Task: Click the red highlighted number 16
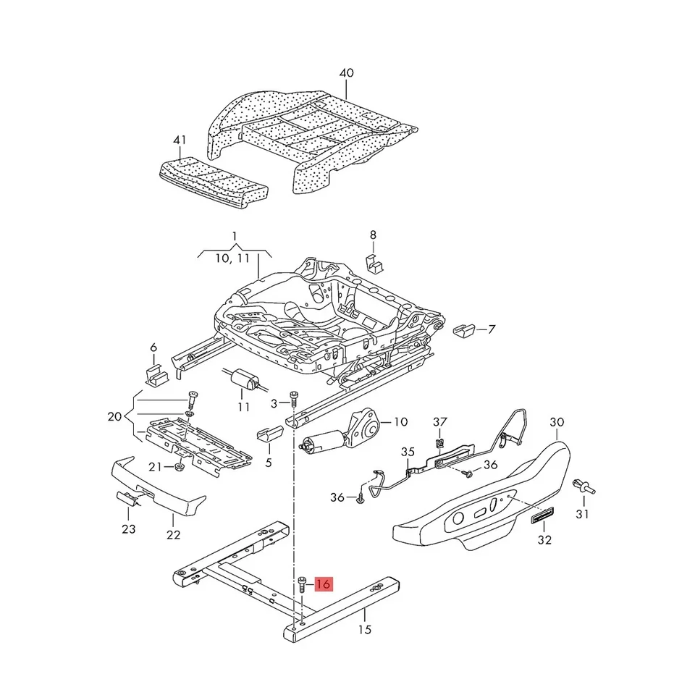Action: pyautogui.click(x=323, y=584)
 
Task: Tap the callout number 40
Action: pyautogui.click(x=347, y=72)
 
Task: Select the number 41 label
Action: pyautogui.click(x=180, y=140)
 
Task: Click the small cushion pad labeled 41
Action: pyautogui.click(x=214, y=183)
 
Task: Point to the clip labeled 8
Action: pyautogui.click(x=374, y=263)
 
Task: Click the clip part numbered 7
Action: pyautogui.click(x=463, y=330)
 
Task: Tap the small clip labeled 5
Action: pyautogui.click(x=269, y=431)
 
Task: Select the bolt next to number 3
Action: pyautogui.click(x=292, y=398)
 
